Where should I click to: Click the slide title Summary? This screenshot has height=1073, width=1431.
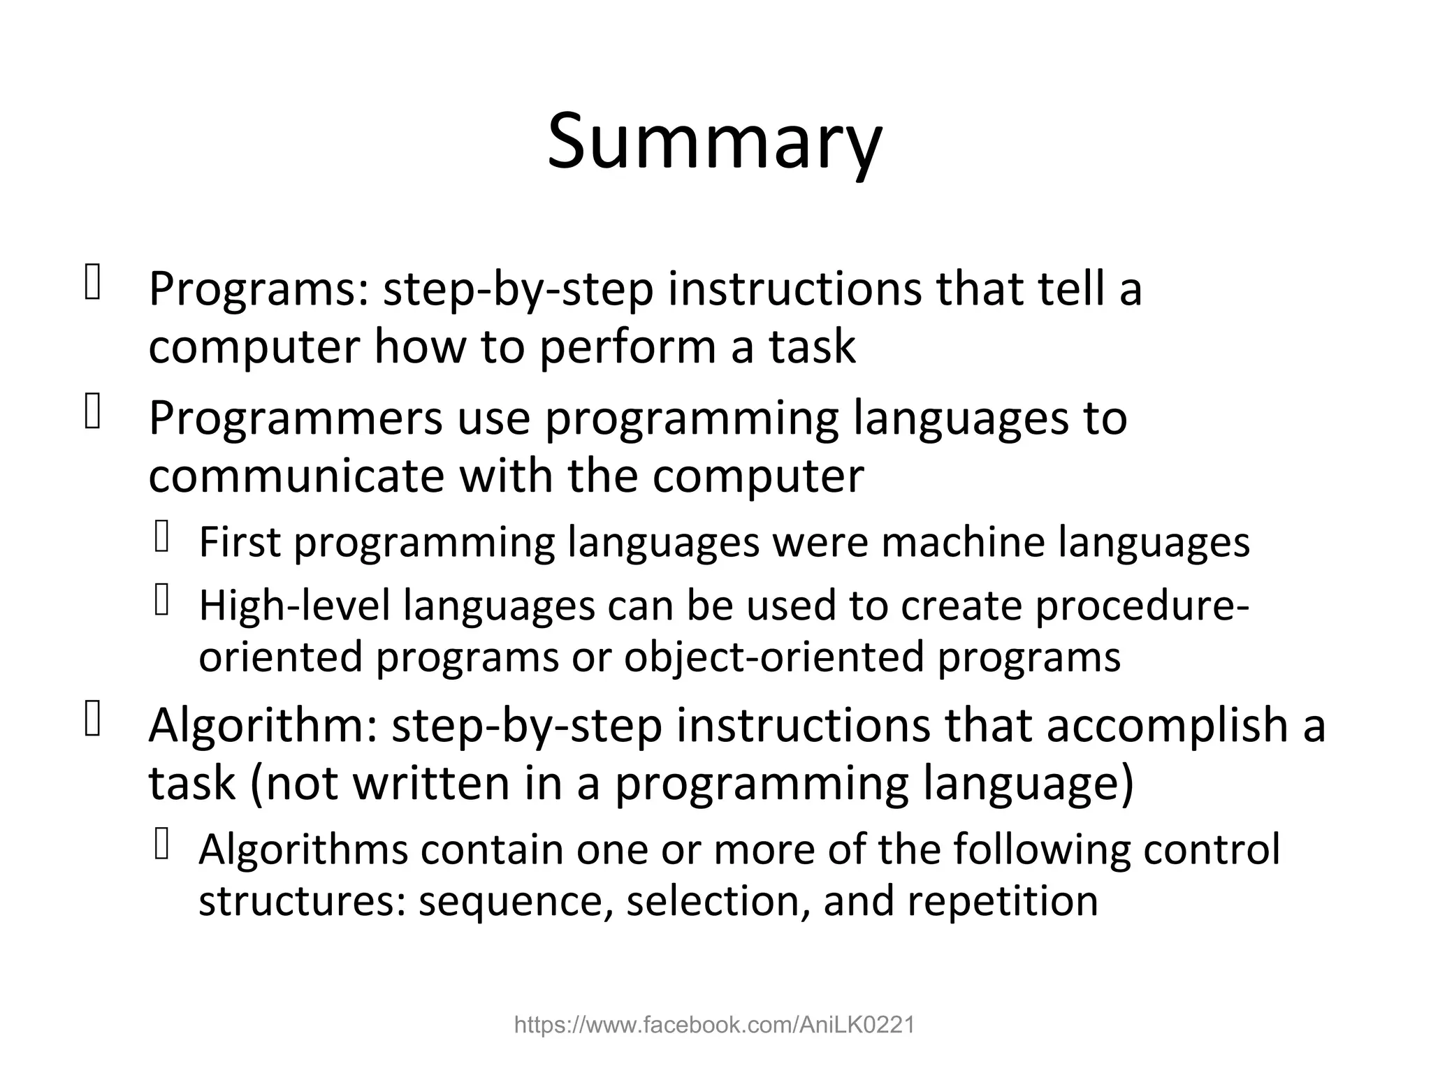coord(714,142)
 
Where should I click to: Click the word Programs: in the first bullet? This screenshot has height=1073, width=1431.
coord(258,289)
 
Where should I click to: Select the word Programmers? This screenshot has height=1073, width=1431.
coord(296,419)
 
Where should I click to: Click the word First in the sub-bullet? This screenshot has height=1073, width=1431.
coord(240,542)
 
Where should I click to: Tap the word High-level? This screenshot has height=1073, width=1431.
coord(294,605)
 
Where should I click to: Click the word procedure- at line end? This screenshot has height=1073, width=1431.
coord(1142,605)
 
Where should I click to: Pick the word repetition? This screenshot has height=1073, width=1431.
coord(1003,901)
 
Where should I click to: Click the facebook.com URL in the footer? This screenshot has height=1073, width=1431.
coord(714,1025)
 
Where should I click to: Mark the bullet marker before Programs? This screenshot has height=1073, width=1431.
coord(92,284)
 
